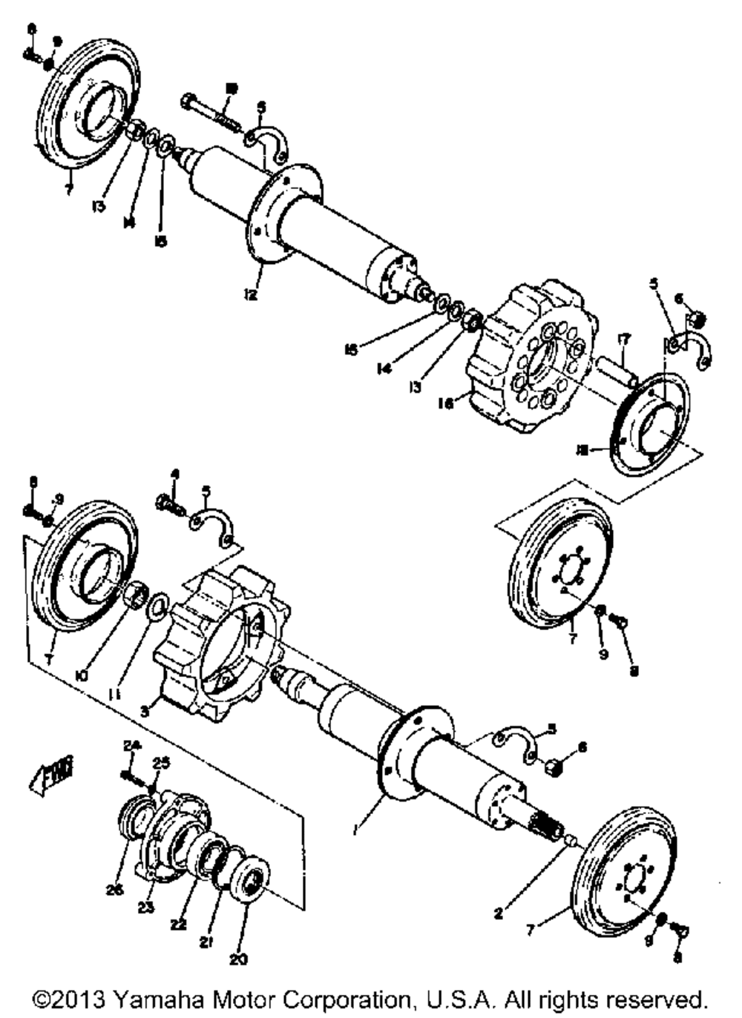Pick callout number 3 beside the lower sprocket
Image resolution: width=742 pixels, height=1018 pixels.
(145, 711)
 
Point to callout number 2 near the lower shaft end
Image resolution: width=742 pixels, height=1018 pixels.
(499, 913)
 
